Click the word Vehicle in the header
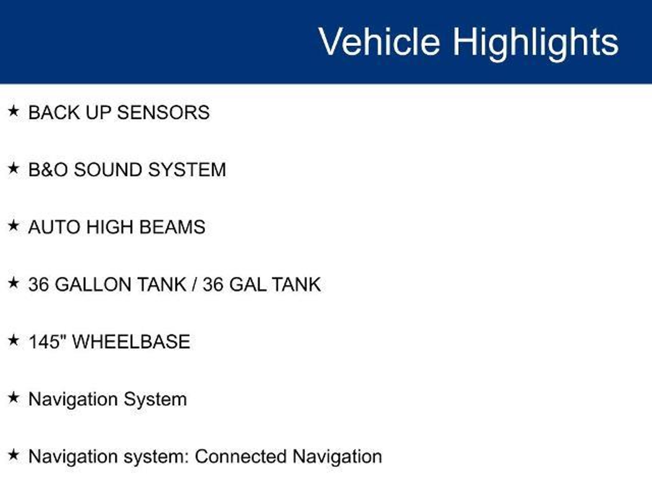pos(379,42)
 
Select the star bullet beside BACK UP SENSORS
pos(13,111)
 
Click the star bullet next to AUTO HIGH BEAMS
pos(13,226)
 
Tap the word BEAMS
pos(172,227)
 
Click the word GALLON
pos(93,284)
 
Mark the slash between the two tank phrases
pos(194,284)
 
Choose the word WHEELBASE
pos(131,342)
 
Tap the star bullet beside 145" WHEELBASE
pos(13,340)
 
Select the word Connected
pos(240,457)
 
